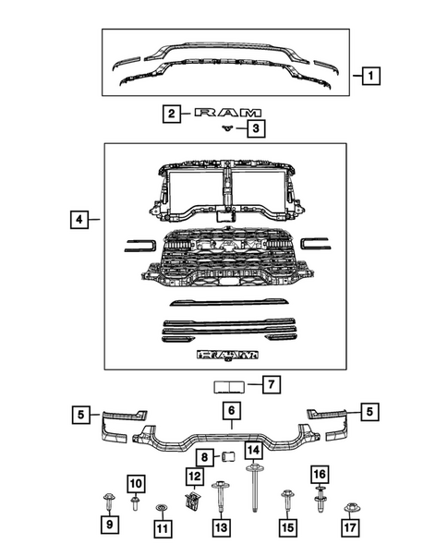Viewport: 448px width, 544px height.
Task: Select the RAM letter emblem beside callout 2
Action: pyautogui.click(x=222, y=114)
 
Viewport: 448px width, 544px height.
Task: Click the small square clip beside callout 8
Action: pyautogui.click(x=223, y=456)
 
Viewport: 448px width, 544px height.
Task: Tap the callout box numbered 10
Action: pyautogui.click(x=134, y=484)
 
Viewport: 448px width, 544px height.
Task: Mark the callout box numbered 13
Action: pyautogui.click(x=221, y=527)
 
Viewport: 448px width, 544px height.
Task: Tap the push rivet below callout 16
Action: pyautogui.click(x=320, y=502)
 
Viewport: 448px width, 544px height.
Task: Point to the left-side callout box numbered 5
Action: pyautogui.click(x=84, y=415)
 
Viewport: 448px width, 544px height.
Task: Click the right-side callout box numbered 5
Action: pyautogui.click(x=369, y=412)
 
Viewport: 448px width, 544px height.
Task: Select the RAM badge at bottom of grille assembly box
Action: pyautogui.click(x=226, y=354)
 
